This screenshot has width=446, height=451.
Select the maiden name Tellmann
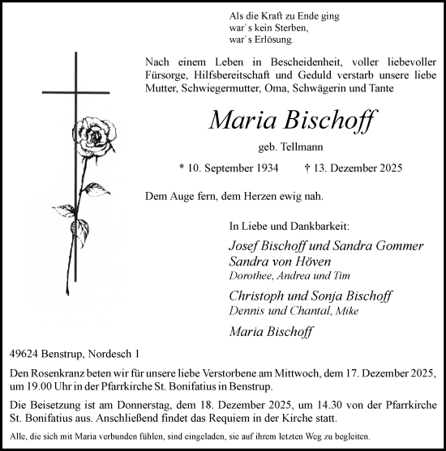click(x=302, y=147)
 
